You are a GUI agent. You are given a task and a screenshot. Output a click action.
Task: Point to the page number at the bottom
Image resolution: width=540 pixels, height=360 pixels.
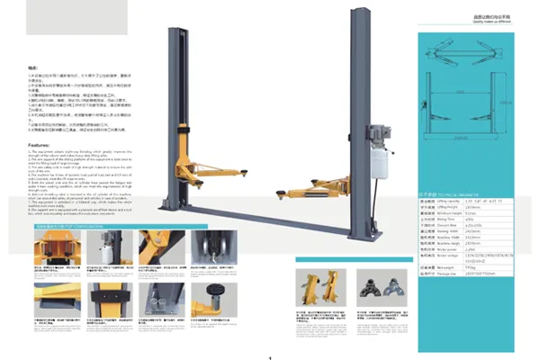tap(269, 356)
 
